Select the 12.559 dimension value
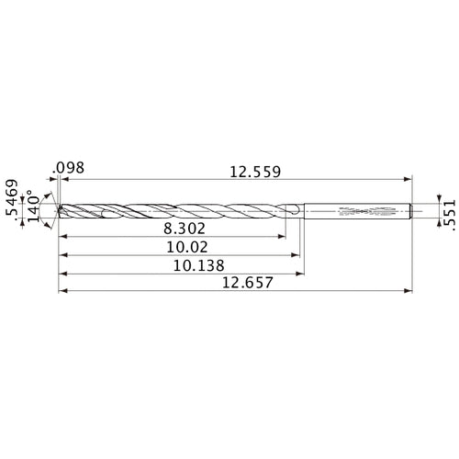point(250,171)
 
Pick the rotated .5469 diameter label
point(12,200)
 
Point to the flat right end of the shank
point(409,211)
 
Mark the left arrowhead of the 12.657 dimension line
point(61,293)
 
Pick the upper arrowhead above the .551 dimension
point(434,199)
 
